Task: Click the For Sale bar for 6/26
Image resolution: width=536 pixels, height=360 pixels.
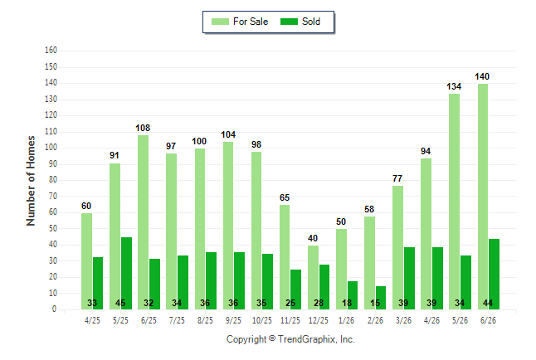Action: [x=483, y=197]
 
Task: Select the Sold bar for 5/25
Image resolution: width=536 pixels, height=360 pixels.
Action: [x=126, y=274]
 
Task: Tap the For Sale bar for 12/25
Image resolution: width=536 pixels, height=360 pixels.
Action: [x=313, y=278]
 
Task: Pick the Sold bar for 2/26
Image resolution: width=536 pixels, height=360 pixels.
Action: [x=381, y=298]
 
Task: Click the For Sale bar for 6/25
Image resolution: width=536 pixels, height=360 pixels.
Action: [x=144, y=222]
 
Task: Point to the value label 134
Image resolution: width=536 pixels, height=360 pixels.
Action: [x=454, y=87]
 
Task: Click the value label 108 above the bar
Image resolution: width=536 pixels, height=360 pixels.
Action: [x=143, y=129]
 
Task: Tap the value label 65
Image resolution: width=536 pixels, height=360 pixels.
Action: [x=285, y=197]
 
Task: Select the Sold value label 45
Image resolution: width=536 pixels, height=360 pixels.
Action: [x=120, y=303]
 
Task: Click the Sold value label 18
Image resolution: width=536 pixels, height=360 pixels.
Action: [x=347, y=303]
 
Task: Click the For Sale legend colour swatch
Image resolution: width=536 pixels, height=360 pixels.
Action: [x=220, y=22]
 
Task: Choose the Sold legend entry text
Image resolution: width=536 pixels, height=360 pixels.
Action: [x=311, y=22]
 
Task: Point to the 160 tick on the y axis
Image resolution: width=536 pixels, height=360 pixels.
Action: [x=51, y=51]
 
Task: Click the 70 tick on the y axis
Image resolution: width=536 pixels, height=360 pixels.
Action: [x=52, y=197]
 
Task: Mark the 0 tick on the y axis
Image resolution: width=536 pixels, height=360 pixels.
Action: [x=54, y=309]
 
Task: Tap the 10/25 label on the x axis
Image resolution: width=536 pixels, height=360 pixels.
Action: [x=262, y=320]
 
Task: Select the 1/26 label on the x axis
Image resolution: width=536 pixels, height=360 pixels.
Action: [x=347, y=320]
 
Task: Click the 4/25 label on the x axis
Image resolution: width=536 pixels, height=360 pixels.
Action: [x=92, y=320]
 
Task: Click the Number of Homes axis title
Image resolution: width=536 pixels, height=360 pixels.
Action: [x=31, y=181]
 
